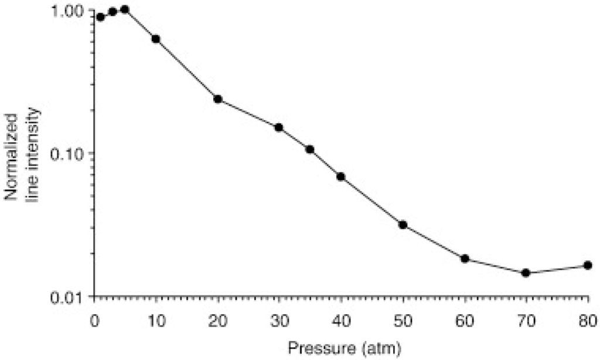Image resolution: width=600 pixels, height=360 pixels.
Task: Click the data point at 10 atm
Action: (x=156, y=39)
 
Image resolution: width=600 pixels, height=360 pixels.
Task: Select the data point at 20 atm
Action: (x=217, y=99)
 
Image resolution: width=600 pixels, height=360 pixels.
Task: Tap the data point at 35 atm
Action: (x=310, y=150)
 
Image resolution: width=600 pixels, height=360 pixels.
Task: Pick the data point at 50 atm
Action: (x=403, y=225)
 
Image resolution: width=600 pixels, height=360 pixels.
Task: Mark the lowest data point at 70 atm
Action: (x=526, y=273)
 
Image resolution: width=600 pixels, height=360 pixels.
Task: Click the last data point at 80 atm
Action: (x=587, y=266)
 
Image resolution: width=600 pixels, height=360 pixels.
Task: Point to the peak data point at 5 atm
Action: (x=125, y=9)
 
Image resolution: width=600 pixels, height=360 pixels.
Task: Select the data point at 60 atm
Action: (x=465, y=259)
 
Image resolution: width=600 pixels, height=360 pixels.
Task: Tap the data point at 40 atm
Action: (x=340, y=176)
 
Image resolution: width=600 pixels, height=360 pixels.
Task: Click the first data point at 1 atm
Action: (x=101, y=17)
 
